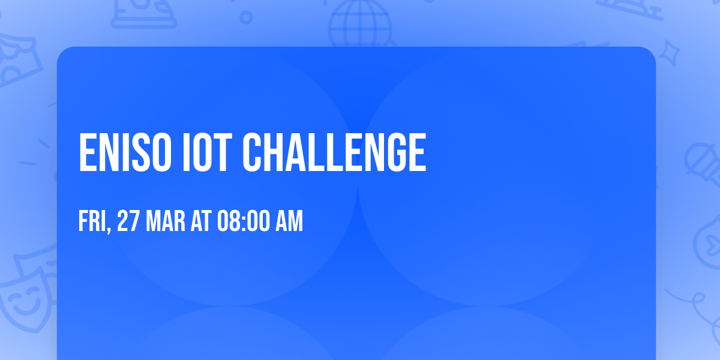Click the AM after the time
point(289,221)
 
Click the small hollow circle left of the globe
point(246,17)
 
